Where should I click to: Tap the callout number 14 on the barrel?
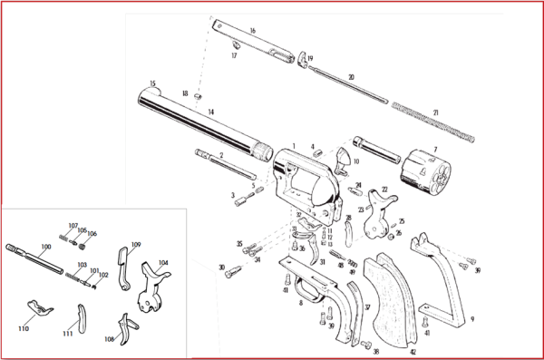pos(210,112)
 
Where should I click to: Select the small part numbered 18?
pos(199,96)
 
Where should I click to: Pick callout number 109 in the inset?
pos(136,245)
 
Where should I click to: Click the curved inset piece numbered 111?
pos(80,320)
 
